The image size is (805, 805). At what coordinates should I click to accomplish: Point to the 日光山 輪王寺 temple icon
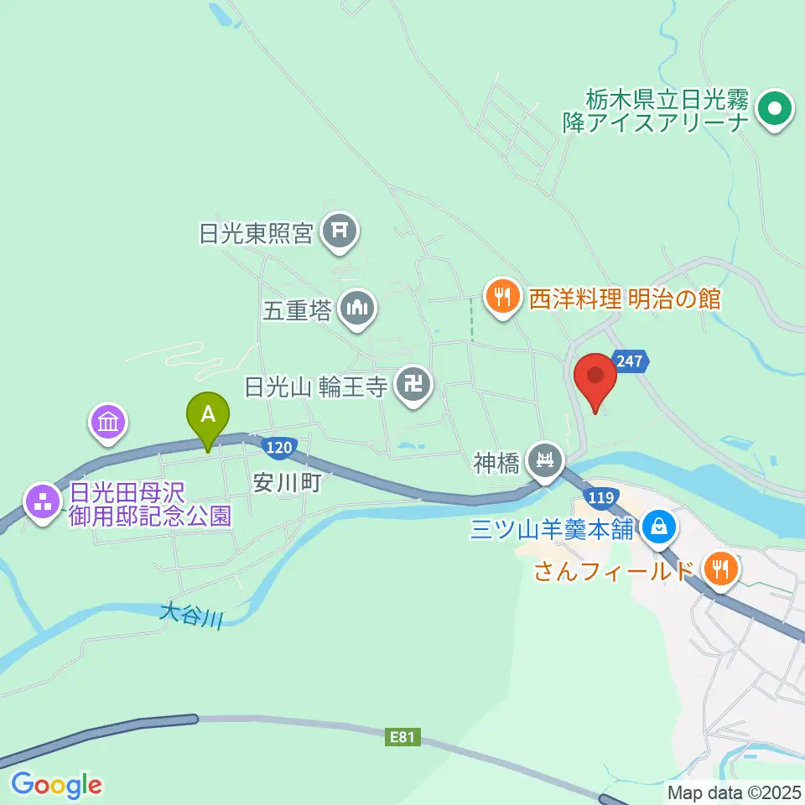(413, 387)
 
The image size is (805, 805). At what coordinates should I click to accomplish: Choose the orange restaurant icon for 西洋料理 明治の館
(501, 297)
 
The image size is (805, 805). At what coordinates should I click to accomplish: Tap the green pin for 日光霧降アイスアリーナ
(775, 110)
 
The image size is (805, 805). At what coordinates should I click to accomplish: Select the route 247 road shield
(629, 361)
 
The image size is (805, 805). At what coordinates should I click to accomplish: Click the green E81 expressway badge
(403, 738)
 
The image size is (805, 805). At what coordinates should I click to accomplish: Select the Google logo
(56, 785)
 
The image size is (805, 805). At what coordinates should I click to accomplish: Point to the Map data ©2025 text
(735, 792)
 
